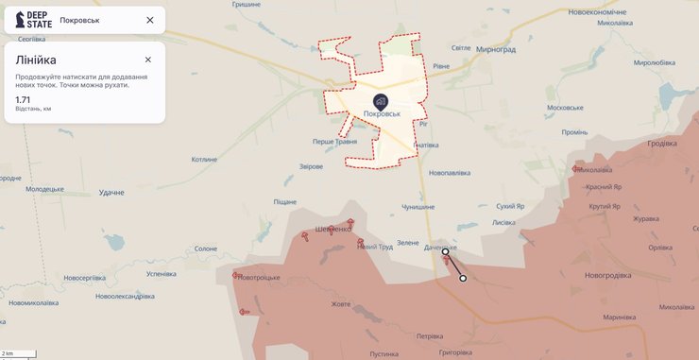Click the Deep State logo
coord(34,19)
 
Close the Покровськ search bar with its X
coord(150,20)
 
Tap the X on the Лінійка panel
coord(148,60)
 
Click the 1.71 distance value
coord(24,98)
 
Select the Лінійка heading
coord(36,60)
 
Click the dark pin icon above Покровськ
coord(381,101)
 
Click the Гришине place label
coord(246,5)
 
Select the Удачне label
coord(111,192)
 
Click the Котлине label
coord(204,160)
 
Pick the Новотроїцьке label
coord(260,277)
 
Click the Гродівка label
coord(661,144)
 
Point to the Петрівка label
coord(429,335)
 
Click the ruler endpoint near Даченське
coord(445,252)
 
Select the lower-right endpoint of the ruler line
coord(463,278)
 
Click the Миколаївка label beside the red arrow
coord(594,170)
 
